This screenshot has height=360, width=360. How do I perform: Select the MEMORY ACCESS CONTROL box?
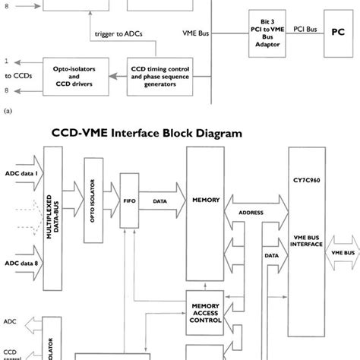click(207, 313)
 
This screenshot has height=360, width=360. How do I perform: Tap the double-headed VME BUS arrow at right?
click(343, 251)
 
